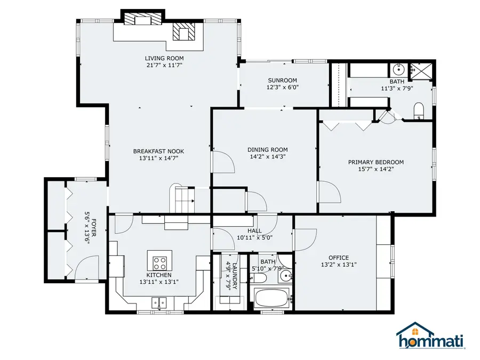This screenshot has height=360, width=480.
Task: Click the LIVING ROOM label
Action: point(164,58)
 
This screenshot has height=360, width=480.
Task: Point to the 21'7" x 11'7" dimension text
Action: point(164,65)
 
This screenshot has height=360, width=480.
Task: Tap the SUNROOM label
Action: point(282,81)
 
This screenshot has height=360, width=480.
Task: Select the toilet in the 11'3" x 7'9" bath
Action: point(419,111)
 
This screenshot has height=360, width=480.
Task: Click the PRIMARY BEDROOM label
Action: point(375,162)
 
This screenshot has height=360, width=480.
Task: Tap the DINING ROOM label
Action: point(268,150)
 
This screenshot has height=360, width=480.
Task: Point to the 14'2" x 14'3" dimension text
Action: point(268,157)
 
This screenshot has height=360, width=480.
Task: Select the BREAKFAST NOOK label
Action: point(158,151)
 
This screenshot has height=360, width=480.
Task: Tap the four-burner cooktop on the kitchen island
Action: point(160,262)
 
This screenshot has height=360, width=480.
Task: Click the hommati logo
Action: point(430,337)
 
